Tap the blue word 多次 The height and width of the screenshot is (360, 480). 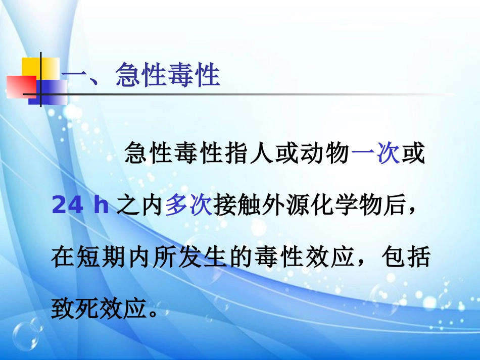click(x=188, y=207)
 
